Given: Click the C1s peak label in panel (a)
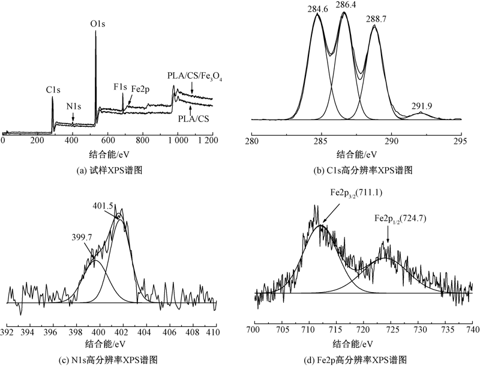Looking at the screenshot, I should (53, 90).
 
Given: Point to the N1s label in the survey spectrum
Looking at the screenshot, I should (73, 106).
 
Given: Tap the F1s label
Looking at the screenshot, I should (120, 87).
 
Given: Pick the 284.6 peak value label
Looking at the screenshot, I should (318, 7).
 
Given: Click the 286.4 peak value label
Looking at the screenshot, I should (346, 5).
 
